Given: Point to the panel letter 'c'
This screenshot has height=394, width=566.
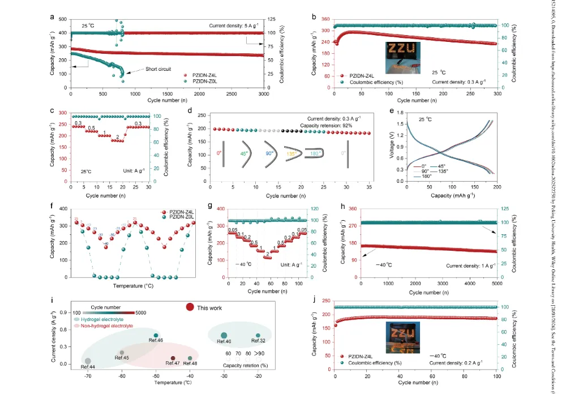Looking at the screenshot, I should click(52, 110).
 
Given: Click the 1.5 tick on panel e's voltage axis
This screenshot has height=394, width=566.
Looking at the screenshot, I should click(400, 123).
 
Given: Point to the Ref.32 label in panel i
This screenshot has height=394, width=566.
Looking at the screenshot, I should click(258, 341).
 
